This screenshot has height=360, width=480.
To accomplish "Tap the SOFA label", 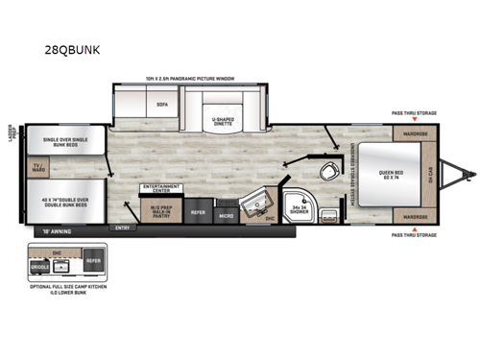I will (162, 99).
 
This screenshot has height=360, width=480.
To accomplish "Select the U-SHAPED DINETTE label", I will (225, 123).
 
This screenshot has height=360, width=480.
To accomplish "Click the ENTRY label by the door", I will (122, 228).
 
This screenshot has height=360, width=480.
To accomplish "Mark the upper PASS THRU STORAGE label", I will (414, 113).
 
